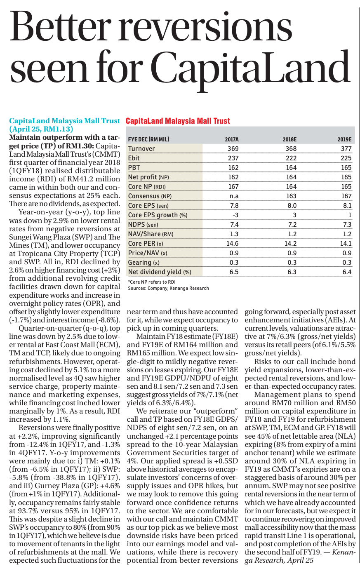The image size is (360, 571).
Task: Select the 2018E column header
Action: pyautogui.click(x=289, y=139)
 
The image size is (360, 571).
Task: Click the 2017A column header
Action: pyautogui.click(x=231, y=139)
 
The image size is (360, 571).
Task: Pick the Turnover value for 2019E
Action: pyautogui.click(x=346, y=148)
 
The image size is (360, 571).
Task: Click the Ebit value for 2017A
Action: pyautogui.click(x=233, y=158)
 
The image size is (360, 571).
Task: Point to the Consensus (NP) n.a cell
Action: pyautogui.click(x=234, y=196)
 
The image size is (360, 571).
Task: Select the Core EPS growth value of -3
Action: pyautogui.click(x=235, y=215)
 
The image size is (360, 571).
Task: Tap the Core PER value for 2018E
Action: pyautogui.click(x=290, y=243)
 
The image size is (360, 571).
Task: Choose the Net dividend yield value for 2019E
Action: pyautogui.click(x=347, y=272)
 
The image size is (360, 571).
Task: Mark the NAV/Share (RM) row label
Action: pyautogui.click(x=151, y=234)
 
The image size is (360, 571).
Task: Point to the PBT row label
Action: pyautogui.click(x=134, y=167)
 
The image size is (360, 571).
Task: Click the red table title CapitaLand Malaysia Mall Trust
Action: pyautogui.click(x=178, y=121)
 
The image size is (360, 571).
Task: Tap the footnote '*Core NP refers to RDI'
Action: pyautogui.click(x=152, y=282)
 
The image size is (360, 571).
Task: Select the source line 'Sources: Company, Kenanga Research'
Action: pyautogui.click(x=168, y=288)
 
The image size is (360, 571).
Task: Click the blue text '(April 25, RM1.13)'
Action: pyautogui.click(x=41, y=129)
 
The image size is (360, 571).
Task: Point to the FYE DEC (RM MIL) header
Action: pyautogui.click(x=148, y=139)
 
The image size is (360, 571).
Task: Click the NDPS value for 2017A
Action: pyautogui.click(x=234, y=225)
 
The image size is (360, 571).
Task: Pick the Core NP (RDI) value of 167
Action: pyautogui.click(x=233, y=187)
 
